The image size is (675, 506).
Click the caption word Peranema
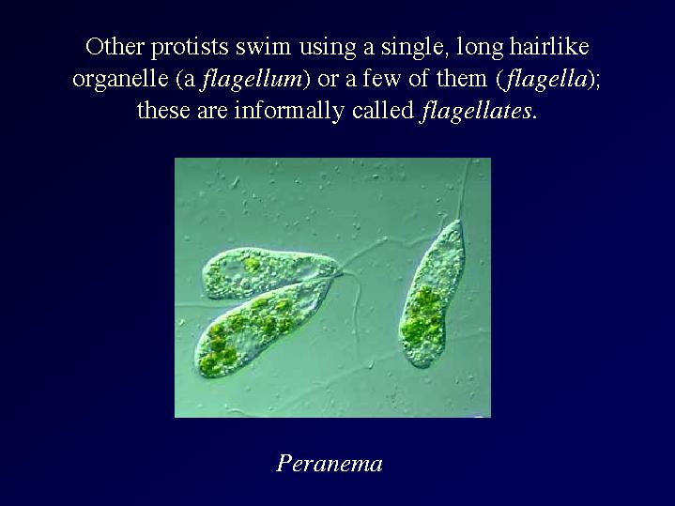point(330,464)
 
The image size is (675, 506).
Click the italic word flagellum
point(253,79)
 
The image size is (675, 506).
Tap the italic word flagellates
point(475,111)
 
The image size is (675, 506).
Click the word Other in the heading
point(115,46)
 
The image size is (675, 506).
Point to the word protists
point(189,48)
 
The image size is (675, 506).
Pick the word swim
point(263,46)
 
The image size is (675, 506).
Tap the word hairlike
point(549,46)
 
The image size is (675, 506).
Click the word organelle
point(120,80)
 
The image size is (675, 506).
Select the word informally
point(289,112)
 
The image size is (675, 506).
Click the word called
point(383,110)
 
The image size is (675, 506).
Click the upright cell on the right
point(432,294)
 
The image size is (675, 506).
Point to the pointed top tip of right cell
point(458,221)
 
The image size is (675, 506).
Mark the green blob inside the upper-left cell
point(251,264)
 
